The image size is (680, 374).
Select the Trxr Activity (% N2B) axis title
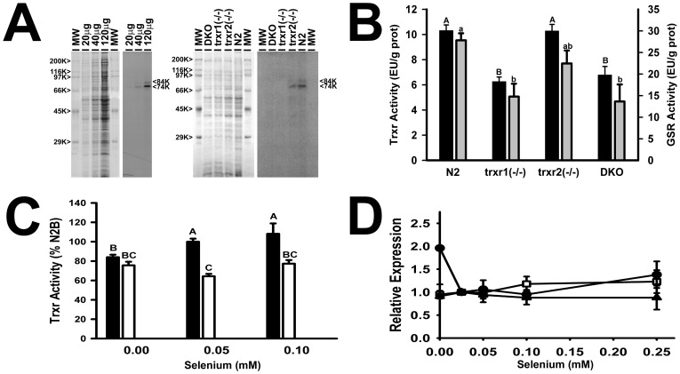click(60, 272)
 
